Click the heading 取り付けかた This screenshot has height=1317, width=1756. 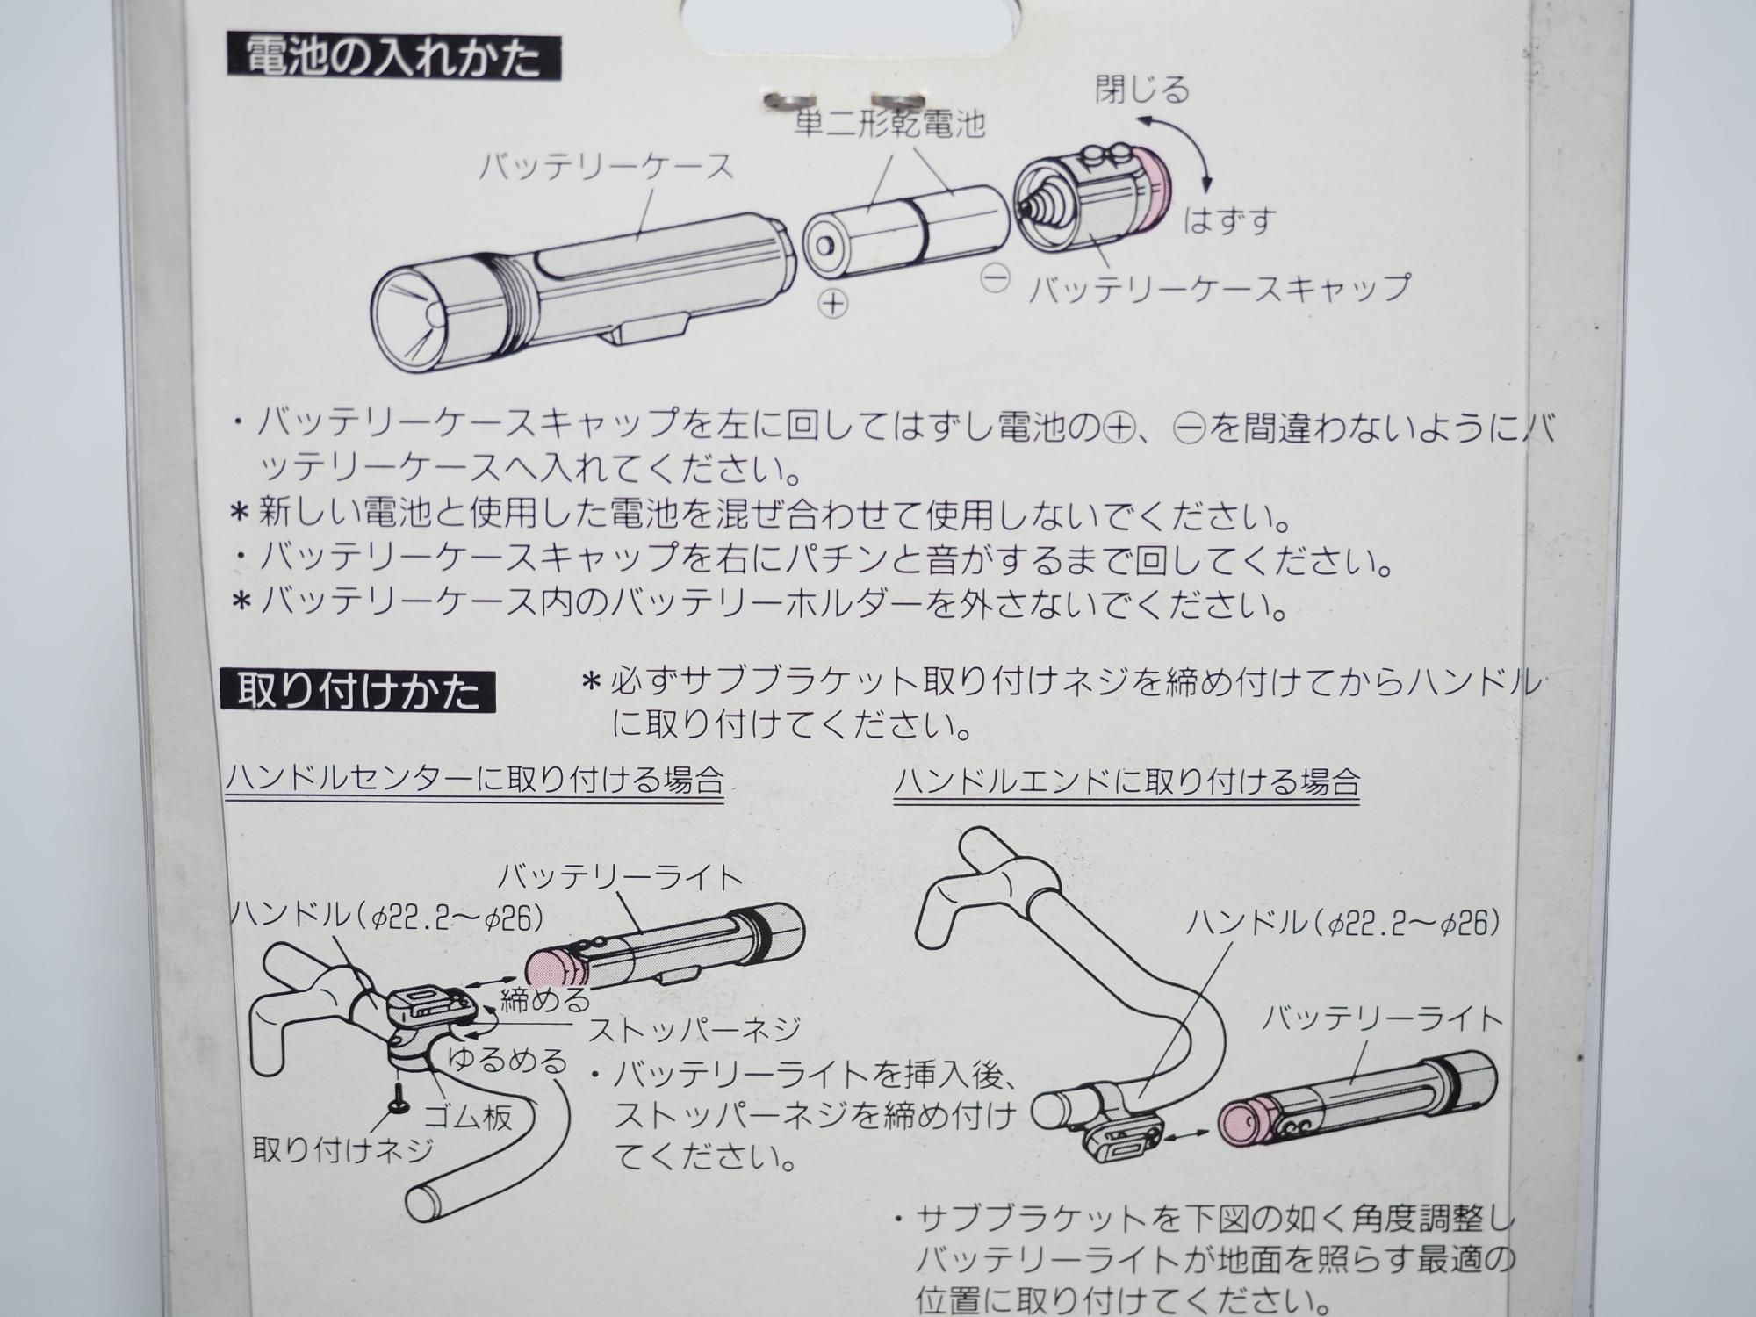pyautogui.click(x=359, y=692)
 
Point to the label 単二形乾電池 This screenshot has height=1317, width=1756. pyautogui.click(x=889, y=124)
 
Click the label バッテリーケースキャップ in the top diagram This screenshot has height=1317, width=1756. pyautogui.click(x=1220, y=287)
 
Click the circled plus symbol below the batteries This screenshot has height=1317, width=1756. pyautogui.click(x=832, y=304)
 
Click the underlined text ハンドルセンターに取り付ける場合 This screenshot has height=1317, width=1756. pyautogui.click(x=474, y=780)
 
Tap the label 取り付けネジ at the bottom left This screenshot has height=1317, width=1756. pyautogui.click(x=343, y=1149)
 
